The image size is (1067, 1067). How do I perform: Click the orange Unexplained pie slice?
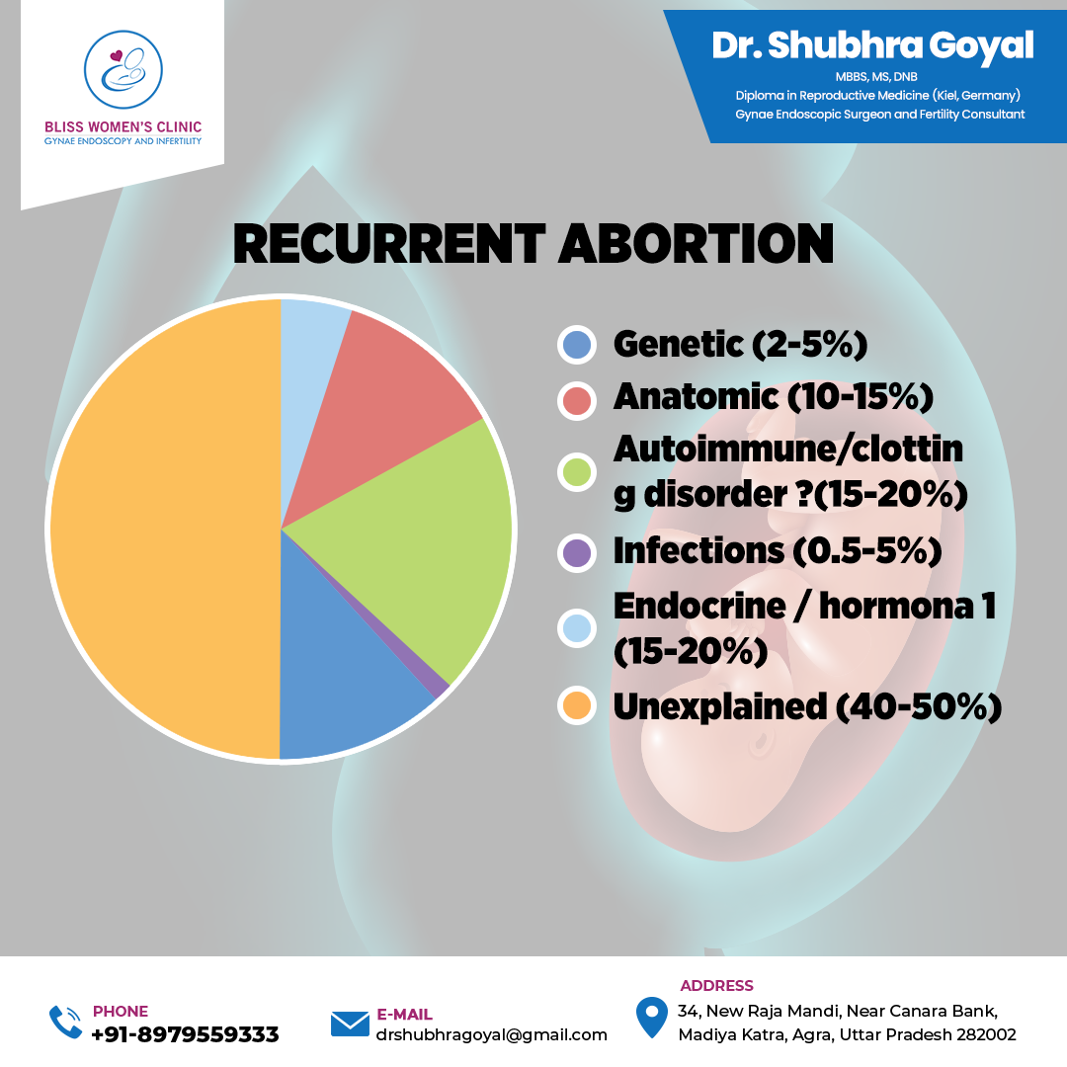pos(163,530)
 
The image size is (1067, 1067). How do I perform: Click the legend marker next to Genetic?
pos(577,345)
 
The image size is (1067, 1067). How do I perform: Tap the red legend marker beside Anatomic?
pos(577,400)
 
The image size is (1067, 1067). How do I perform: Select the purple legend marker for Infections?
pos(577,552)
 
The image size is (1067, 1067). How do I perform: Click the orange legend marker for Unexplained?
pos(577,705)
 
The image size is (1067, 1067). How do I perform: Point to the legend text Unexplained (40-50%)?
pos(807,706)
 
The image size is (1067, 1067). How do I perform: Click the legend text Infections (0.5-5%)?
pos(778,551)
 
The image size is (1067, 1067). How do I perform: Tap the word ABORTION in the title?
pos(696,244)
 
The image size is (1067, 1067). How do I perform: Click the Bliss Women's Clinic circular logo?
pos(123,69)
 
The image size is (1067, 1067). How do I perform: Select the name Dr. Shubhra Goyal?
pos(872,45)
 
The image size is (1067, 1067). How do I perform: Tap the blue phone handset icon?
pos(65,1023)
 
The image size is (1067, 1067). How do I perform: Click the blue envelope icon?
pos(350,1024)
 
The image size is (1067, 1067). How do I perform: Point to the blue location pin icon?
pos(651,1018)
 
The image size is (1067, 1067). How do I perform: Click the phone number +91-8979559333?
pos(185,1034)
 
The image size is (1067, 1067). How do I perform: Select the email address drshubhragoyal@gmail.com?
pos(491,1035)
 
